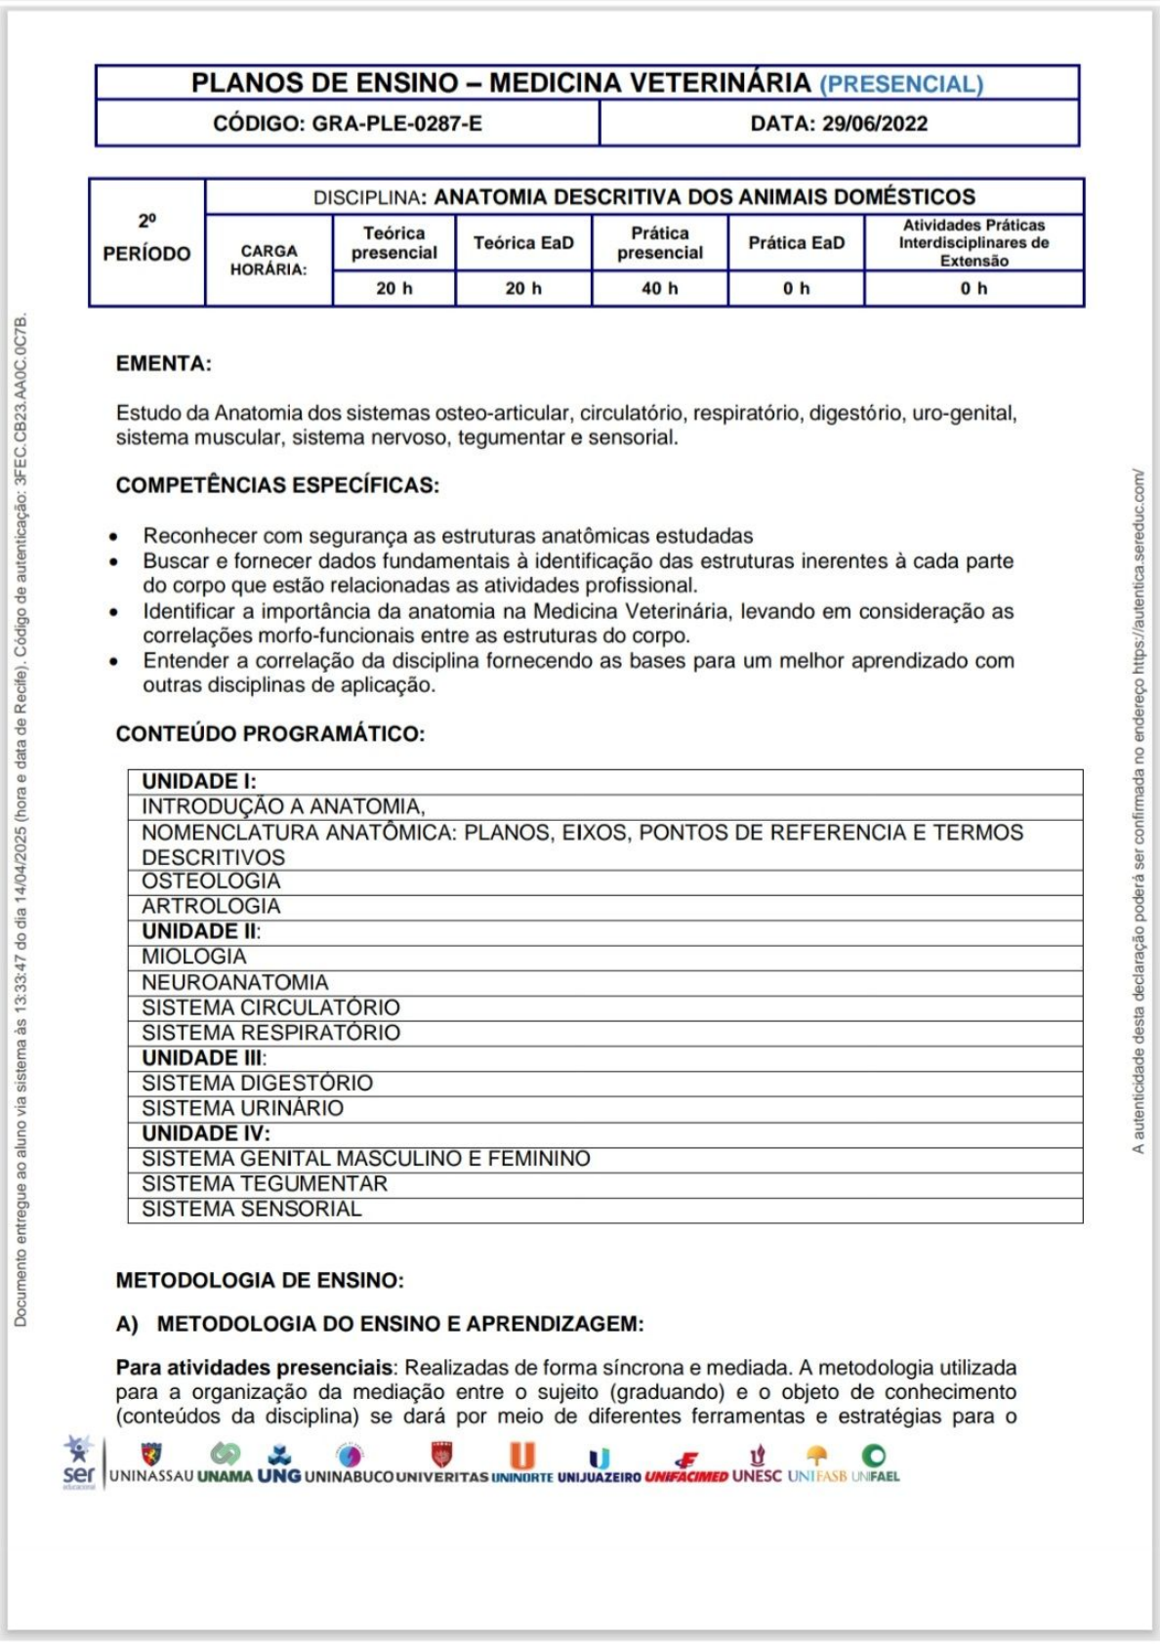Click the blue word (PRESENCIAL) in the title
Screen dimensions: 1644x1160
(900, 84)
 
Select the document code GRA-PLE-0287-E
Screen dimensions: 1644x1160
(396, 124)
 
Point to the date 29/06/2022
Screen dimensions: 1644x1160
(874, 124)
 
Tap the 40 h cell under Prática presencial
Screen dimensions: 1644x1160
(659, 289)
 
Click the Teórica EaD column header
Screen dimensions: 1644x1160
(523, 243)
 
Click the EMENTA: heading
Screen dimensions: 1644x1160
(163, 364)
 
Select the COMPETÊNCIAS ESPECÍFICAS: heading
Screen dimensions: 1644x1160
(277, 485)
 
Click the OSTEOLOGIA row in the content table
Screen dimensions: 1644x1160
(211, 882)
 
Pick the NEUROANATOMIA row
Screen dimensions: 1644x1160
(234, 982)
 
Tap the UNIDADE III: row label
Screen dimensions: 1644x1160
(203, 1058)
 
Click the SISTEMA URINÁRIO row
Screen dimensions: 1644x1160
(242, 1108)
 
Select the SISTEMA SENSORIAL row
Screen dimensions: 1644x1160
(251, 1210)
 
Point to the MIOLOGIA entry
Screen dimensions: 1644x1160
(193, 957)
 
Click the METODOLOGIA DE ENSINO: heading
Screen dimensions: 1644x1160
(260, 1280)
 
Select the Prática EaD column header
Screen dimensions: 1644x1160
(796, 243)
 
